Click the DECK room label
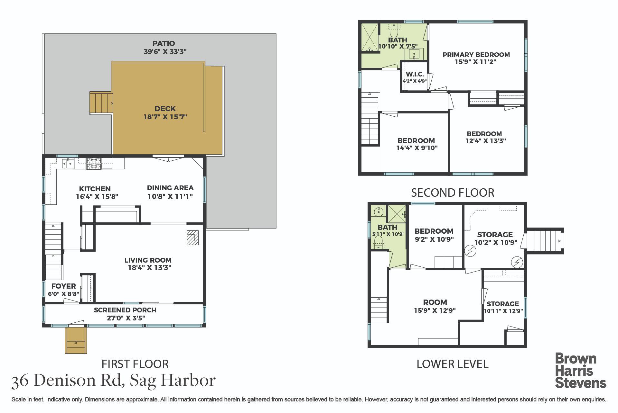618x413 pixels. [165, 109]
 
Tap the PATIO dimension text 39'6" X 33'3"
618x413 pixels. [165, 51]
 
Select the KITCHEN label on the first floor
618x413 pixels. [95, 189]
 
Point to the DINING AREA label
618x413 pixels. [170, 188]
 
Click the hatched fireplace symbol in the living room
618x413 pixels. [193, 238]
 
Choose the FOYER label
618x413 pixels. [64, 286]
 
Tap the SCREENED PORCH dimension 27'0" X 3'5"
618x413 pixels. [125, 318]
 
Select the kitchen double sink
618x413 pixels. [69, 163]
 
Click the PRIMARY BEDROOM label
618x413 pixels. [476, 55]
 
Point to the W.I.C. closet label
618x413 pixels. [415, 74]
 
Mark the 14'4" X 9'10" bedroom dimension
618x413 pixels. [417, 148]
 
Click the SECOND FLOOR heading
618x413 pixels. [453, 193]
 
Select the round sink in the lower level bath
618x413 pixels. [379, 211]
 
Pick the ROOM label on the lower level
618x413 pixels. [435, 302]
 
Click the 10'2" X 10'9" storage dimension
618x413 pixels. [496, 242]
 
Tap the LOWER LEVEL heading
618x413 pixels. [453, 364]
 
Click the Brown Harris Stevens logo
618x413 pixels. [581, 371]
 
